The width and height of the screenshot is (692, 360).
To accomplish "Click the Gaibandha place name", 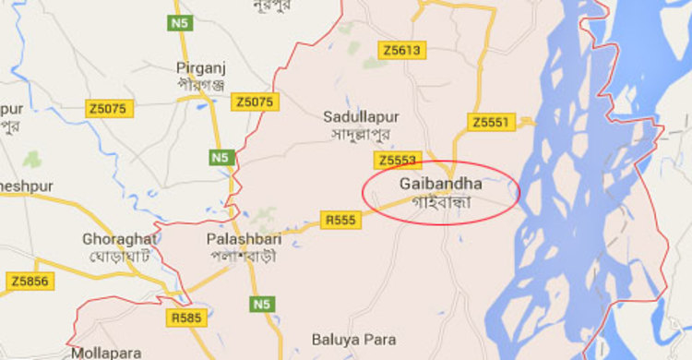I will coord(441,184).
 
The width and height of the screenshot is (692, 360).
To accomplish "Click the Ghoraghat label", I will coord(119,238).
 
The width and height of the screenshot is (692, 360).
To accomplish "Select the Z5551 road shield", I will coord(489,122).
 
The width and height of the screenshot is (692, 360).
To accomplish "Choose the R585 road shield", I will coord(185,318).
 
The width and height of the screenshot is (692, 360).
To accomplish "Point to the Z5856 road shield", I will coord(30,280).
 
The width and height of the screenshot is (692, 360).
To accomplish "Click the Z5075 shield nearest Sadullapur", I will coord(255,102).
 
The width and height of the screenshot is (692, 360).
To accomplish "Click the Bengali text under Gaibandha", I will coord(440,200).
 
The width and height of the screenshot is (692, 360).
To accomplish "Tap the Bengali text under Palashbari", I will coord(242,256).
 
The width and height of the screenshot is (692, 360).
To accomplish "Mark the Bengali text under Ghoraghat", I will coord(119,255).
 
